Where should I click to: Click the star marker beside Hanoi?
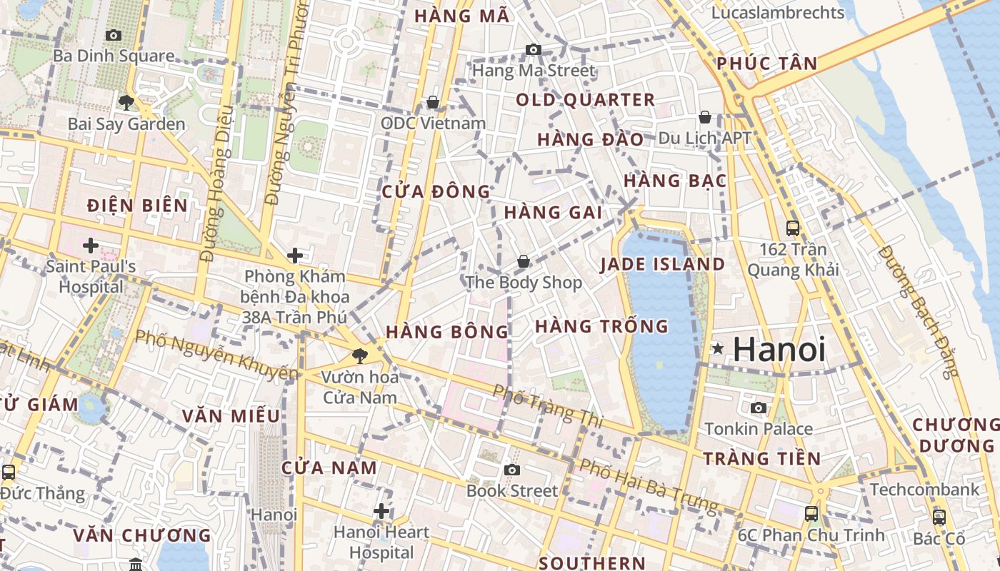click(x=718, y=349)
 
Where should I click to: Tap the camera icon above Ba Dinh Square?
click(x=113, y=35)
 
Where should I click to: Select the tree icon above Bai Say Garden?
click(x=126, y=103)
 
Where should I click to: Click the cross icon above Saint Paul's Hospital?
click(x=91, y=246)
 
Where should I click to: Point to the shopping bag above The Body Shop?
click(x=524, y=262)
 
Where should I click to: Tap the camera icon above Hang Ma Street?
click(x=533, y=49)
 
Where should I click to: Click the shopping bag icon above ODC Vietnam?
click(x=432, y=103)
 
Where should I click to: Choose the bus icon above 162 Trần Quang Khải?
click(x=793, y=228)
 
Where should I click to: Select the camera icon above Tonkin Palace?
click(x=758, y=408)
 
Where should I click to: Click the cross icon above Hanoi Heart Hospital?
click(x=381, y=511)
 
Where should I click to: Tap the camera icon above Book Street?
click(x=511, y=470)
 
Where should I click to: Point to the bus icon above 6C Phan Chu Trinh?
click(x=811, y=514)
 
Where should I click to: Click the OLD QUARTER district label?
click(x=585, y=100)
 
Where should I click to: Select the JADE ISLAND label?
click(x=662, y=265)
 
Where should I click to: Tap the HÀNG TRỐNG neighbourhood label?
click(x=601, y=326)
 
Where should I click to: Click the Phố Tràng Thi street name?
click(x=548, y=407)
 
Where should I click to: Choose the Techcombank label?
click(x=924, y=490)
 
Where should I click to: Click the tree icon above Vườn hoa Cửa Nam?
click(x=359, y=355)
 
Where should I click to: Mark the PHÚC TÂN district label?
click(x=766, y=64)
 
